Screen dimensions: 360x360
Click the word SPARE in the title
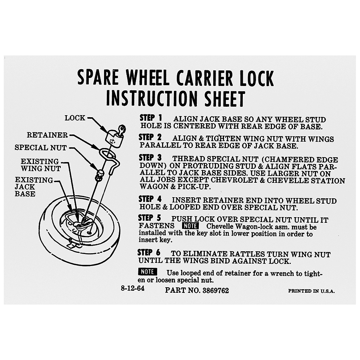(98, 78)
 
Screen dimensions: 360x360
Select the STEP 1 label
(151, 118)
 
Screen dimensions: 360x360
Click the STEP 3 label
(150, 158)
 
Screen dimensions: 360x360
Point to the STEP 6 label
(149, 252)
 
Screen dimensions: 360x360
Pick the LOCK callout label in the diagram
(75, 118)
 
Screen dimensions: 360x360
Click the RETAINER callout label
(47, 135)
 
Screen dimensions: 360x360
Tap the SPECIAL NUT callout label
(41, 148)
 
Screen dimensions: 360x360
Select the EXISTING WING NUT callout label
(41, 165)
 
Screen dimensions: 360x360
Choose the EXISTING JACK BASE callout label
(34, 187)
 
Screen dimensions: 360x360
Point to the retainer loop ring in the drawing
(108, 153)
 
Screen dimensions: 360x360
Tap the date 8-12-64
(133, 288)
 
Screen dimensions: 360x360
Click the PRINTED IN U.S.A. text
(311, 291)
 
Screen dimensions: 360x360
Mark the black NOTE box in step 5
(190, 226)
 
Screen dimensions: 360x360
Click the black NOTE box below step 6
(148, 272)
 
